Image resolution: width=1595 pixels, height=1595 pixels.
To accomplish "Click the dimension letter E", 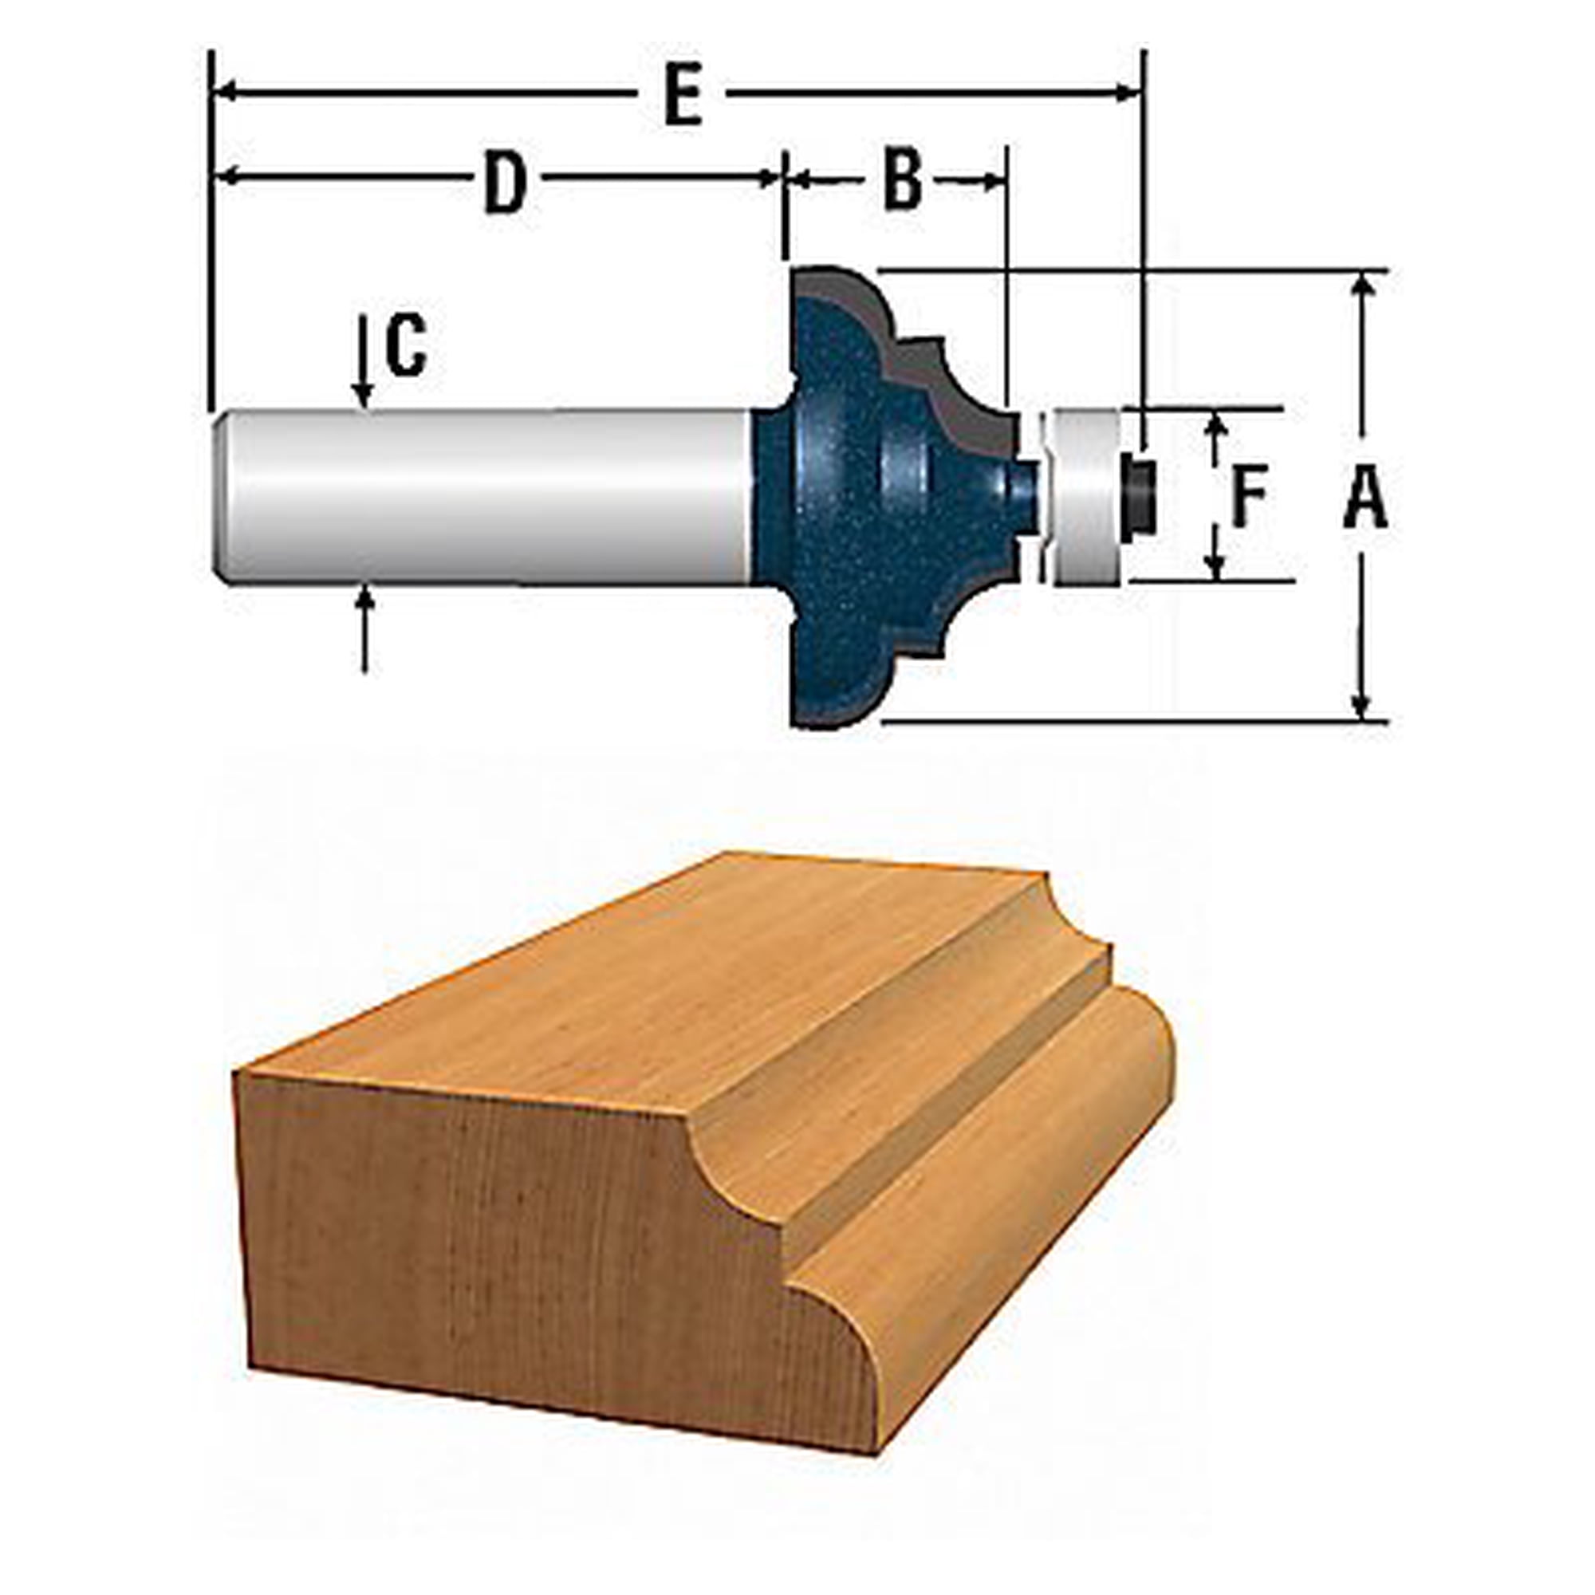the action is pyautogui.click(x=683, y=95).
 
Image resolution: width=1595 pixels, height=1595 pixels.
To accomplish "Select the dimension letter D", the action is pyautogui.click(x=506, y=182).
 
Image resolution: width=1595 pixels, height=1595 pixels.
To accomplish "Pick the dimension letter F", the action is pyautogui.click(x=1248, y=496).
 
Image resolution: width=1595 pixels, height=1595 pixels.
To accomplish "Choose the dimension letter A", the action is pyautogui.click(x=1365, y=496).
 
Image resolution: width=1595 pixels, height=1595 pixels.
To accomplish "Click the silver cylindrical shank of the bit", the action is pyautogui.click(x=487, y=496).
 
